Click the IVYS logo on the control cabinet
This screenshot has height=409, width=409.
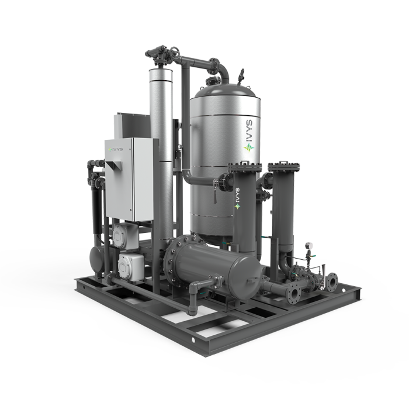[115, 150]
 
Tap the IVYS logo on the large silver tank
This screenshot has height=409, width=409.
[249, 136]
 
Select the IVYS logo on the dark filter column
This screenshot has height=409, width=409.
[237, 198]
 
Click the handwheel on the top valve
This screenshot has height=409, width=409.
[174, 52]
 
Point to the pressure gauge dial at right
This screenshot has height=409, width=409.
[309, 245]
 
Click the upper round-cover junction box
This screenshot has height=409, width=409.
[125, 236]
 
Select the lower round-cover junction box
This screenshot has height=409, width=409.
[130, 267]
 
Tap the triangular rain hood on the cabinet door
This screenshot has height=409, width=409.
[114, 166]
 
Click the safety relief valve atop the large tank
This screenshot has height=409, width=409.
[241, 75]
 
